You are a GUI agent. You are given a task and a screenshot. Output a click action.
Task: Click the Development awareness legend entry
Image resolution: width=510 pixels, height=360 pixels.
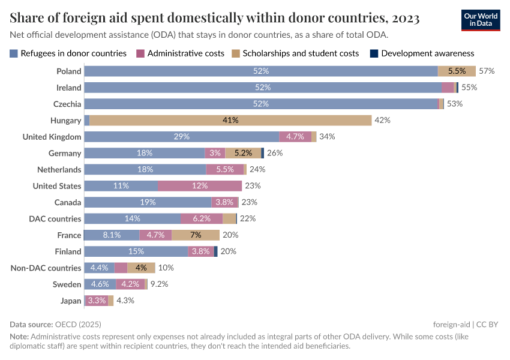(427, 53)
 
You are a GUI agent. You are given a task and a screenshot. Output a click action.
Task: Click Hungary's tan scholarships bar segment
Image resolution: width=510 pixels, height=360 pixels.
(230, 120)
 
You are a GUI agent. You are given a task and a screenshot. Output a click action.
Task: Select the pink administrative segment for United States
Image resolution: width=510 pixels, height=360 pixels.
(200, 185)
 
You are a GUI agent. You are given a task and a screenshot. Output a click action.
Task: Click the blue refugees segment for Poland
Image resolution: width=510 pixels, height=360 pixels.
(260, 71)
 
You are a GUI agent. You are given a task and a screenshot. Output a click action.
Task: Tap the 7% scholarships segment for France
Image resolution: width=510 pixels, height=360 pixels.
(196, 235)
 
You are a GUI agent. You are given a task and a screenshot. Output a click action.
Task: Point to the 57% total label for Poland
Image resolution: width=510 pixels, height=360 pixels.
(486, 71)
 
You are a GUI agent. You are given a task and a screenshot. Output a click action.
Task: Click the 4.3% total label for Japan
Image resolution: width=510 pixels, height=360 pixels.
(125, 301)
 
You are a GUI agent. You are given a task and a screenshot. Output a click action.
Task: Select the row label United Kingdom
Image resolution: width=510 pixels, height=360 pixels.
(52, 137)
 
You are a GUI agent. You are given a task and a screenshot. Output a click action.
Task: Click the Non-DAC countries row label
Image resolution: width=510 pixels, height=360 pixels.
(46, 268)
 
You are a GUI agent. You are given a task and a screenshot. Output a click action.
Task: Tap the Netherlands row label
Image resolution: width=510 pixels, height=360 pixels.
(59, 169)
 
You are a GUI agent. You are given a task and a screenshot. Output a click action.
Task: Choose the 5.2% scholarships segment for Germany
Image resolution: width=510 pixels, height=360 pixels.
(243, 153)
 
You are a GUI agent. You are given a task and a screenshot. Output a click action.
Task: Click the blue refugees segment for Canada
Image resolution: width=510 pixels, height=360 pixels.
(148, 202)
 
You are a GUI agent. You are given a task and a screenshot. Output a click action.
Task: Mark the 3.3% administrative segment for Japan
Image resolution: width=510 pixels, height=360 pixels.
(97, 301)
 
